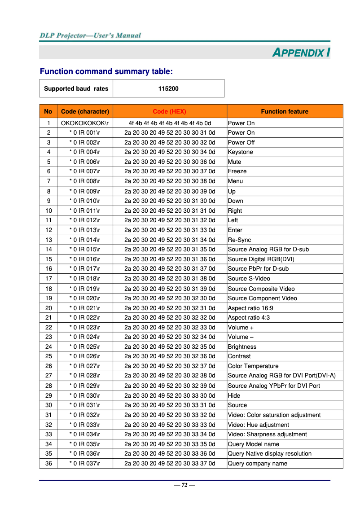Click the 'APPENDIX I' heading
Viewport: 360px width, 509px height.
[x=301, y=53]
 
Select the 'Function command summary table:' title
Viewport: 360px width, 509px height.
[x=106, y=71]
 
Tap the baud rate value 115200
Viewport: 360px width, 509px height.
[x=168, y=88]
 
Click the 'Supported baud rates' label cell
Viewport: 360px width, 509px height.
[x=76, y=88]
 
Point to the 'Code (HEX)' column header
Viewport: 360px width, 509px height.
[x=169, y=111]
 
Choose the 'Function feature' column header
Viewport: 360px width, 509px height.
[x=285, y=111]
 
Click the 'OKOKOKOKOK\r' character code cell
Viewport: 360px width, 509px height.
[x=85, y=123]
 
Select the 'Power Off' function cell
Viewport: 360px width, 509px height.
[x=241, y=142]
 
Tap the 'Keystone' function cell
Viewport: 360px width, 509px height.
[x=240, y=152]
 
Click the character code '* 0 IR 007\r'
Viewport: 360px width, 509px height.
[x=85, y=171]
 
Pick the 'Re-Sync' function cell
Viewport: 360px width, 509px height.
[x=239, y=240]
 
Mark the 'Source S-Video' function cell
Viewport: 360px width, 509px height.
[x=249, y=278]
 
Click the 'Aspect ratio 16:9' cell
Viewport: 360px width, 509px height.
[x=250, y=308]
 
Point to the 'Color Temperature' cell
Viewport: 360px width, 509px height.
[x=253, y=366]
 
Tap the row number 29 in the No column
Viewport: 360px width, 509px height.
[x=48, y=395]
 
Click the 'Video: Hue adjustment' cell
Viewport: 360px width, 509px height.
[x=258, y=425]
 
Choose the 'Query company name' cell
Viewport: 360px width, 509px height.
[x=257, y=463]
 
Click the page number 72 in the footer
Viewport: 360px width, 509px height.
[x=184, y=485]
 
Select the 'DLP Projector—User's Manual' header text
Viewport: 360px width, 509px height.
[x=90, y=35]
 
